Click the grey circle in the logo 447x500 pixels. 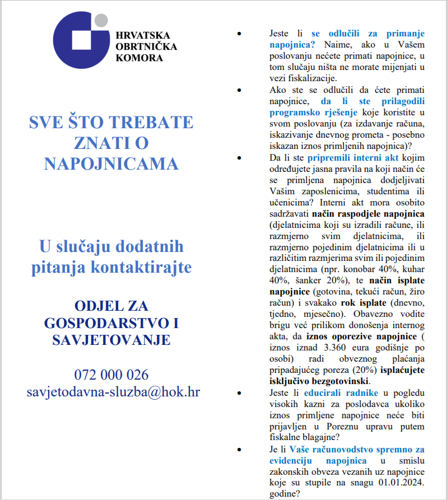tap(101, 20)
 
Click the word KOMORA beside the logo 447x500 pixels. tap(139, 57)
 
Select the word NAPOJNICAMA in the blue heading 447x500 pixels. tap(111, 163)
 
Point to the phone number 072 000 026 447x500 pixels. tap(111, 375)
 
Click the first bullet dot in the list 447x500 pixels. tap(240, 34)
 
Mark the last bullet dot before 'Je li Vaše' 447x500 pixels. tap(240, 449)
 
